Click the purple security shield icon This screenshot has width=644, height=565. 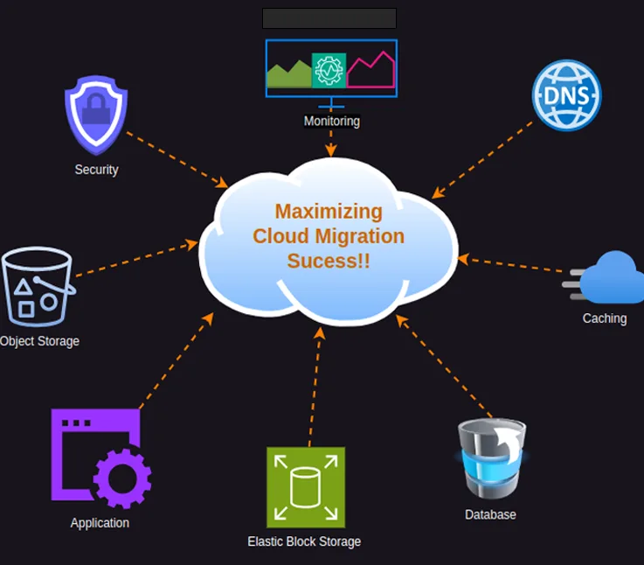[96, 114]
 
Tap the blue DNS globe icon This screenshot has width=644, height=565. [567, 94]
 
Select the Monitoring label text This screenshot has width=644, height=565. [331, 121]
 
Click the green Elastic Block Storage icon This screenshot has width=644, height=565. [306, 487]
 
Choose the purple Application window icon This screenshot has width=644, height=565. [100, 457]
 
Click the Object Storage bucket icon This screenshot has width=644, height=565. [37, 286]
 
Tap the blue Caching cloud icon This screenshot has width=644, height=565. [609, 279]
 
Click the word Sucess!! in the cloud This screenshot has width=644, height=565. [329, 261]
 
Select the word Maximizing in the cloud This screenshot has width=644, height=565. [329, 211]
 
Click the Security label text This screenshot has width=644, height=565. [96, 170]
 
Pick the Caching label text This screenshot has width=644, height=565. [605, 318]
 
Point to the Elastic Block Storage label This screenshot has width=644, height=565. [304, 541]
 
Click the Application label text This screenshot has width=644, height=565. [100, 523]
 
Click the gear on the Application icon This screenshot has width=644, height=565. [121, 478]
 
